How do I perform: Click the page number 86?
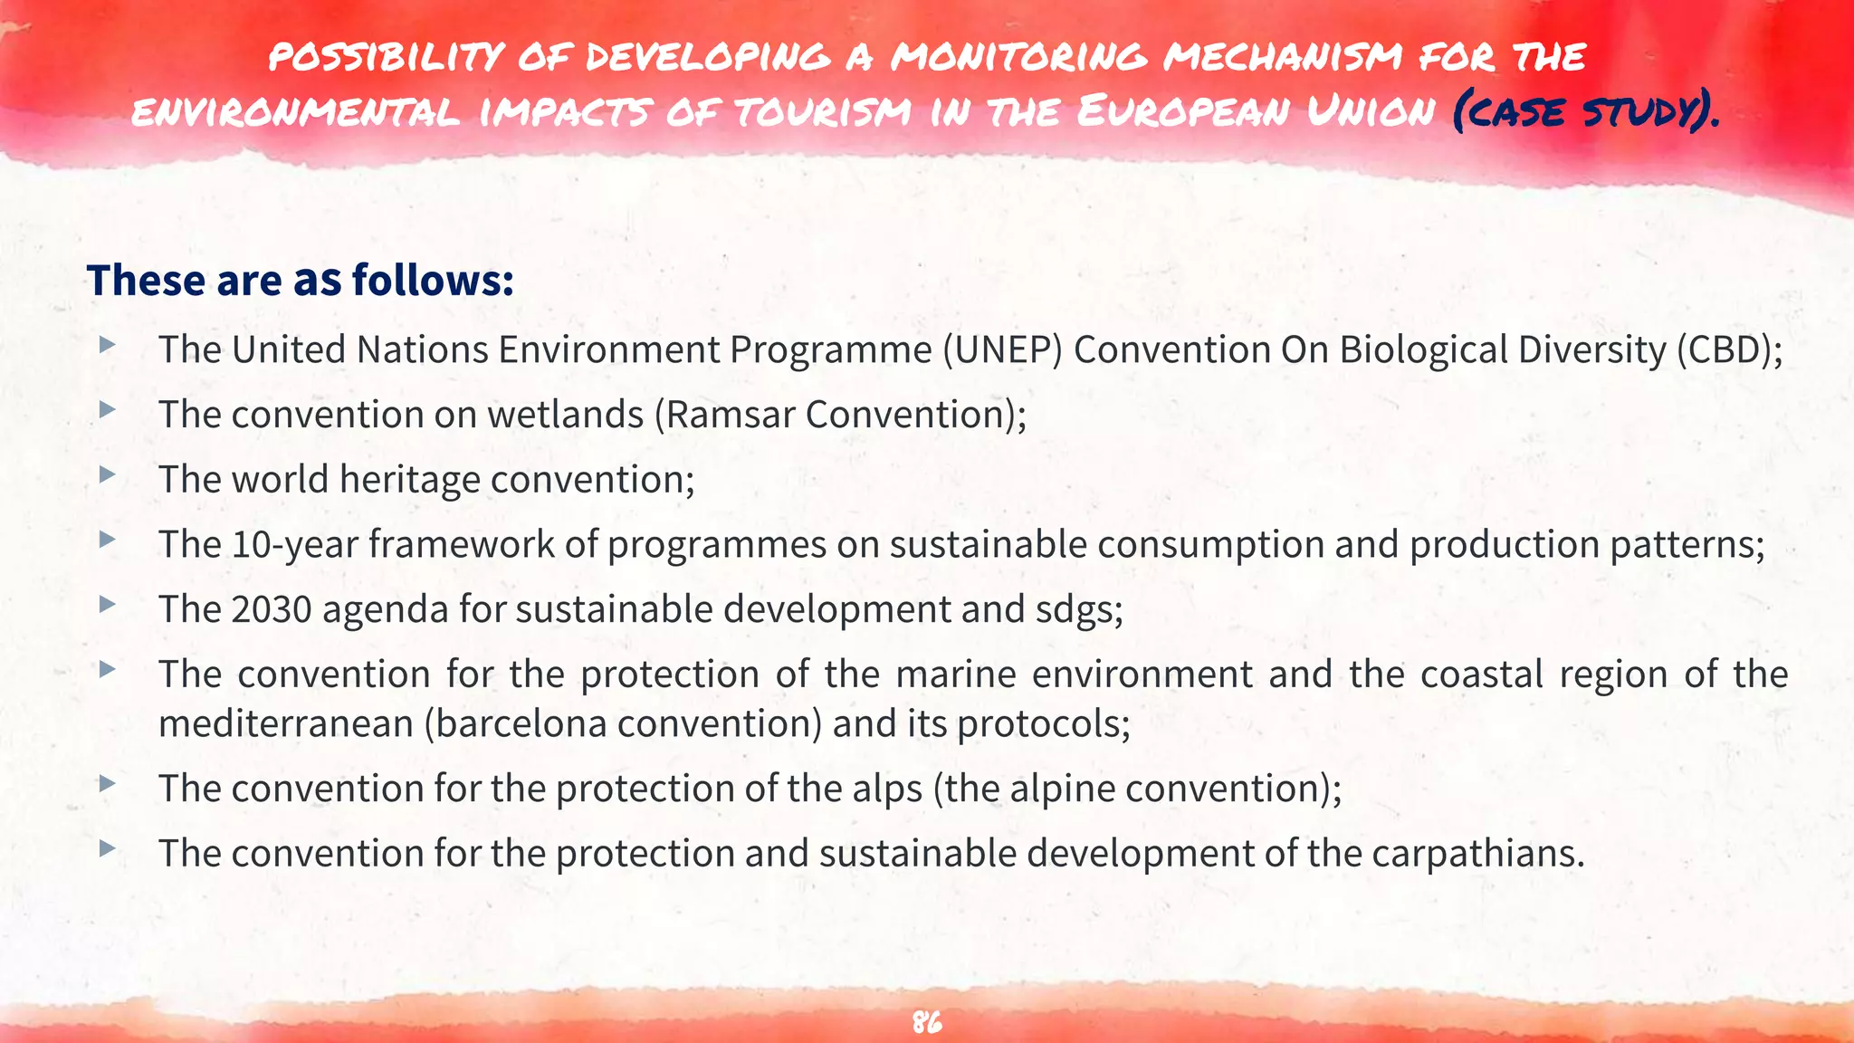[927, 1022]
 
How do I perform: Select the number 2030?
[272, 609]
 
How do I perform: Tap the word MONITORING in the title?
[1018, 56]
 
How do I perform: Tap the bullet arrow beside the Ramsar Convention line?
[108, 409]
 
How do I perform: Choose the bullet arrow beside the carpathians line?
[108, 848]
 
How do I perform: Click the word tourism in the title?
[822, 112]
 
